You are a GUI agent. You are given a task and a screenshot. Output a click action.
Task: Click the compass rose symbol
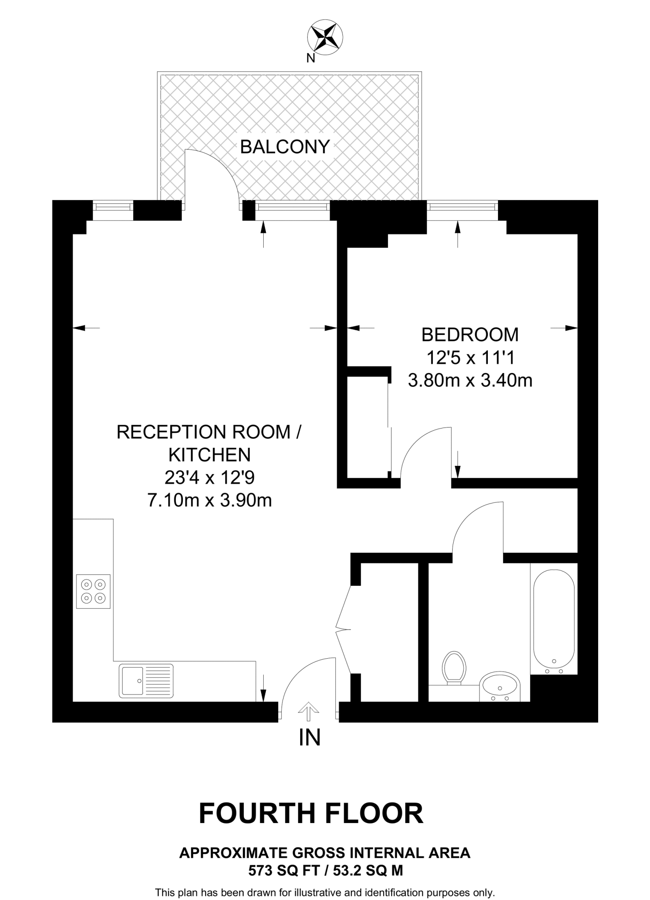[325, 38]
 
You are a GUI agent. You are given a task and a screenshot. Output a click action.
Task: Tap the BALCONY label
[285, 147]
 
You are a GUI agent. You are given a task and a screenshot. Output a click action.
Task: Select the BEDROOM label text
[470, 335]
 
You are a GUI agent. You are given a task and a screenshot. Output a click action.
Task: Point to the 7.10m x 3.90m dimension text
[209, 501]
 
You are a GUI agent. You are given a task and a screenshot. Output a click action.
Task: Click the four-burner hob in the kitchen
[93, 591]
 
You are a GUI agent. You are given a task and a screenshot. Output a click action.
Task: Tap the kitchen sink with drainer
[146, 681]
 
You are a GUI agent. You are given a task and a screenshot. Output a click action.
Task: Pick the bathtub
[554, 621]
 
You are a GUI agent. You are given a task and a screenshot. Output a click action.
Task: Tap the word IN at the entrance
[309, 738]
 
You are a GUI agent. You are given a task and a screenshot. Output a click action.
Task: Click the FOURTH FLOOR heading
[311, 813]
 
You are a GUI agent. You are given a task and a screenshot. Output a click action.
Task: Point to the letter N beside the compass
[311, 58]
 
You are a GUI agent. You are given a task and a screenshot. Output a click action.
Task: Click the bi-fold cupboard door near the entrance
[344, 630]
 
